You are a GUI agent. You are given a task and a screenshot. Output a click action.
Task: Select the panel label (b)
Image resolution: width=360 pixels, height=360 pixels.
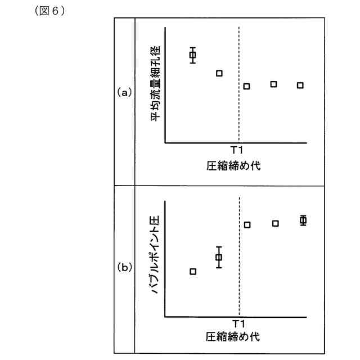(124, 267)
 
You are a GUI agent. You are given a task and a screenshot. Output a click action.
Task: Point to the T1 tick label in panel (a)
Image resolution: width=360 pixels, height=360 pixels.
(238, 151)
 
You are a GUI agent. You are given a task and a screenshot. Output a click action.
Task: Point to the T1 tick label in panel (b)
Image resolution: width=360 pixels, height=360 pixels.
(238, 323)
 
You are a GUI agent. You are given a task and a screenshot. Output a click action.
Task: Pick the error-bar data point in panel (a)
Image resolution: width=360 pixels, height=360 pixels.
(192, 55)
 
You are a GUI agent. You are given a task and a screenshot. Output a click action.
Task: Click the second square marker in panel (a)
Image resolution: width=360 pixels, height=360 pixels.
(219, 73)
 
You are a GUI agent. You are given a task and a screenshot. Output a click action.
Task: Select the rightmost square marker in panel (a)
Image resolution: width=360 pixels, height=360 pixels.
(300, 85)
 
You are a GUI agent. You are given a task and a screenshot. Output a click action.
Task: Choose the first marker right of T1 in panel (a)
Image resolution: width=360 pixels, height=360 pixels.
(246, 86)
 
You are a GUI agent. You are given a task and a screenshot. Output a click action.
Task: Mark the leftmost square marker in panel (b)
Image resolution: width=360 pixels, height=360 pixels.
(193, 271)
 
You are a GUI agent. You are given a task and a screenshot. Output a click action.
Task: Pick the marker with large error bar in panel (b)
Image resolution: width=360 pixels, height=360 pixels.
(219, 258)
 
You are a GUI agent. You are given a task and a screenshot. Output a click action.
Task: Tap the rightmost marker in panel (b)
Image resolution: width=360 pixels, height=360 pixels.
(303, 220)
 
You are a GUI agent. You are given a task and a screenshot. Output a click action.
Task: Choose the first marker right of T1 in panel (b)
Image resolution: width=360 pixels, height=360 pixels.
(247, 225)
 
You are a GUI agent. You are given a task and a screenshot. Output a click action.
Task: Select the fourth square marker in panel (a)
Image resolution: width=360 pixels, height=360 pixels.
(273, 84)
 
